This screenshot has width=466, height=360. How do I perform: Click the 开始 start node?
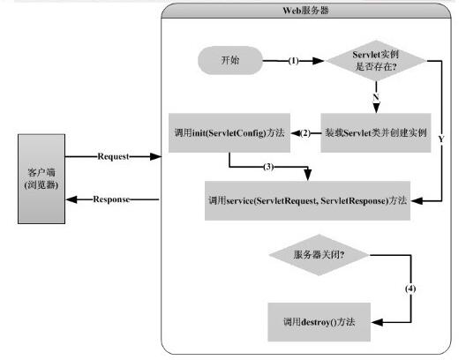[x=229, y=61]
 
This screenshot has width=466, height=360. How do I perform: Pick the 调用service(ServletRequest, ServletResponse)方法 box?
[x=304, y=201]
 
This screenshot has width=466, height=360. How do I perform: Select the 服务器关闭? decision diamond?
[x=318, y=255]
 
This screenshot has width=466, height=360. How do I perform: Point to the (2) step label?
[x=306, y=132]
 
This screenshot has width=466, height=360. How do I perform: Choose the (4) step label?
[x=410, y=289]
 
